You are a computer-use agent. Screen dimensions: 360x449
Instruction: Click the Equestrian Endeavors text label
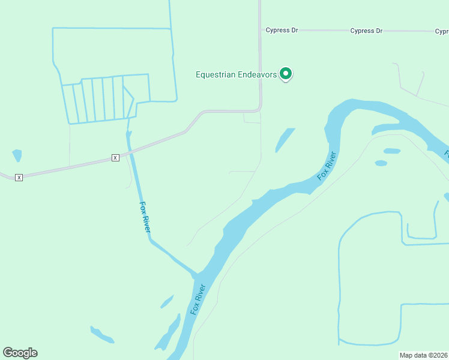pyautogui.click(x=236, y=74)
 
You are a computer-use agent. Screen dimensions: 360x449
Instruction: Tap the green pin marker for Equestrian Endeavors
pyautogui.click(x=286, y=74)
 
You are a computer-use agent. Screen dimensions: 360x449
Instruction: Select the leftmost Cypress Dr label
pyautogui.click(x=282, y=30)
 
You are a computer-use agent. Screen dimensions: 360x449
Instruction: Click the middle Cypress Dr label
pyautogui.click(x=366, y=31)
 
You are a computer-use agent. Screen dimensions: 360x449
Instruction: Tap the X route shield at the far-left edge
pyautogui.click(x=19, y=177)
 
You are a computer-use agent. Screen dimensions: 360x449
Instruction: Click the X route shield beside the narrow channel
pyautogui.click(x=115, y=157)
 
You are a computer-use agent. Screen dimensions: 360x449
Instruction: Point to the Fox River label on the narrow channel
pyautogui.click(x=145, y=217)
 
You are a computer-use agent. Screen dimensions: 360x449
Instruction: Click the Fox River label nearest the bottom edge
pyautogui.click(x=197, y=299)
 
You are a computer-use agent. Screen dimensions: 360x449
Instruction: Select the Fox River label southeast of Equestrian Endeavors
pyautogui.click(x=328, y=166)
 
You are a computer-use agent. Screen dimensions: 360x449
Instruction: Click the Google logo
pyautogui.click(x=20, y=353)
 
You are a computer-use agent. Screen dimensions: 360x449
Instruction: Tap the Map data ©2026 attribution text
pyautogui.click(x=423, y=355)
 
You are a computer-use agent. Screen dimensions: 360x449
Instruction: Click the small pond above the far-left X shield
pyautogui.click(x=17, y=155)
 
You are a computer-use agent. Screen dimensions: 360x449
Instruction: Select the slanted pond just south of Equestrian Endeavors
pyautogui.click(x=285, y=140)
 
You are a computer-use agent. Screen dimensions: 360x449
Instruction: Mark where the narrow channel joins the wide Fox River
pyautogui.click(x=196, y=274)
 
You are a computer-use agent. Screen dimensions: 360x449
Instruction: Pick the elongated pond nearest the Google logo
pyautogui.click(x=101, y=334)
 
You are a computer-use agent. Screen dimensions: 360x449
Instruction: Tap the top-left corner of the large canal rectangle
pyautogui.click(x=53, y=28)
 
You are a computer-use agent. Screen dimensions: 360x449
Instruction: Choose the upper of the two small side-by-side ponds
pyautogui.click(x=391, y=151)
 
